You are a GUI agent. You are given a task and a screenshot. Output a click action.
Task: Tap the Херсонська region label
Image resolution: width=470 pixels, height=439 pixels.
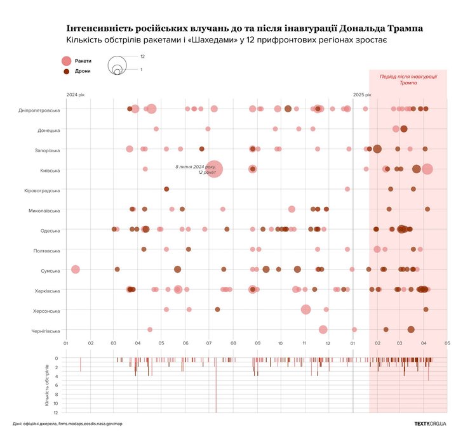click(x=46, y=311)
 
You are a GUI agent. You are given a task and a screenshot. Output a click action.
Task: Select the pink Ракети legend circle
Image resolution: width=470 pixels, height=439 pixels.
click(x=67, y=61)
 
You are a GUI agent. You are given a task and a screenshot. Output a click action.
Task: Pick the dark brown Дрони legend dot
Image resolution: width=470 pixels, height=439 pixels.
click(x=67, y=71)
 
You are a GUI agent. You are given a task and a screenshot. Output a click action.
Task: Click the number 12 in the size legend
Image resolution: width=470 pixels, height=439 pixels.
click(x=142, y=56)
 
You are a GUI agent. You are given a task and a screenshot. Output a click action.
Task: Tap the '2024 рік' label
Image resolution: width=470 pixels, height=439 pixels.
click(x=75, y=95)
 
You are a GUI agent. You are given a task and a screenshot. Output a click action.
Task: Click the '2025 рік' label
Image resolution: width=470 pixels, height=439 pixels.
click(x=362, y=95)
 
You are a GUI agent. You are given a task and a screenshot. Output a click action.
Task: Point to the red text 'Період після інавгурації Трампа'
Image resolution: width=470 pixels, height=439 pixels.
click(x=408, y=79)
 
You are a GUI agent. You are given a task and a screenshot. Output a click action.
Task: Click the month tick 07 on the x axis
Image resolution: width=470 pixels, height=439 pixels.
click(x=209, y=343)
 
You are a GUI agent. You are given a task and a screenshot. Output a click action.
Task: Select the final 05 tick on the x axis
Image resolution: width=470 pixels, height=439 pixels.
click(x=447, y=343)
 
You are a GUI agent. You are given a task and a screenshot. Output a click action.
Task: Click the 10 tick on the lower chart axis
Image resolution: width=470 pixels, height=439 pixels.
click(x=56, y=403)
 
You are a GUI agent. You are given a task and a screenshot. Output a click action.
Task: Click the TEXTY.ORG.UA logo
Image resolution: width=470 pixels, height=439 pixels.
click(x=430, y=423)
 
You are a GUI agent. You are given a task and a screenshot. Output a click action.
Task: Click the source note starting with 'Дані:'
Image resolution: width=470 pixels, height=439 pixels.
click(x=67, y=423)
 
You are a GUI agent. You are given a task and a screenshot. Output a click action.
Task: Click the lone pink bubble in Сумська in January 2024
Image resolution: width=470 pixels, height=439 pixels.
click(x=76, y=270)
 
